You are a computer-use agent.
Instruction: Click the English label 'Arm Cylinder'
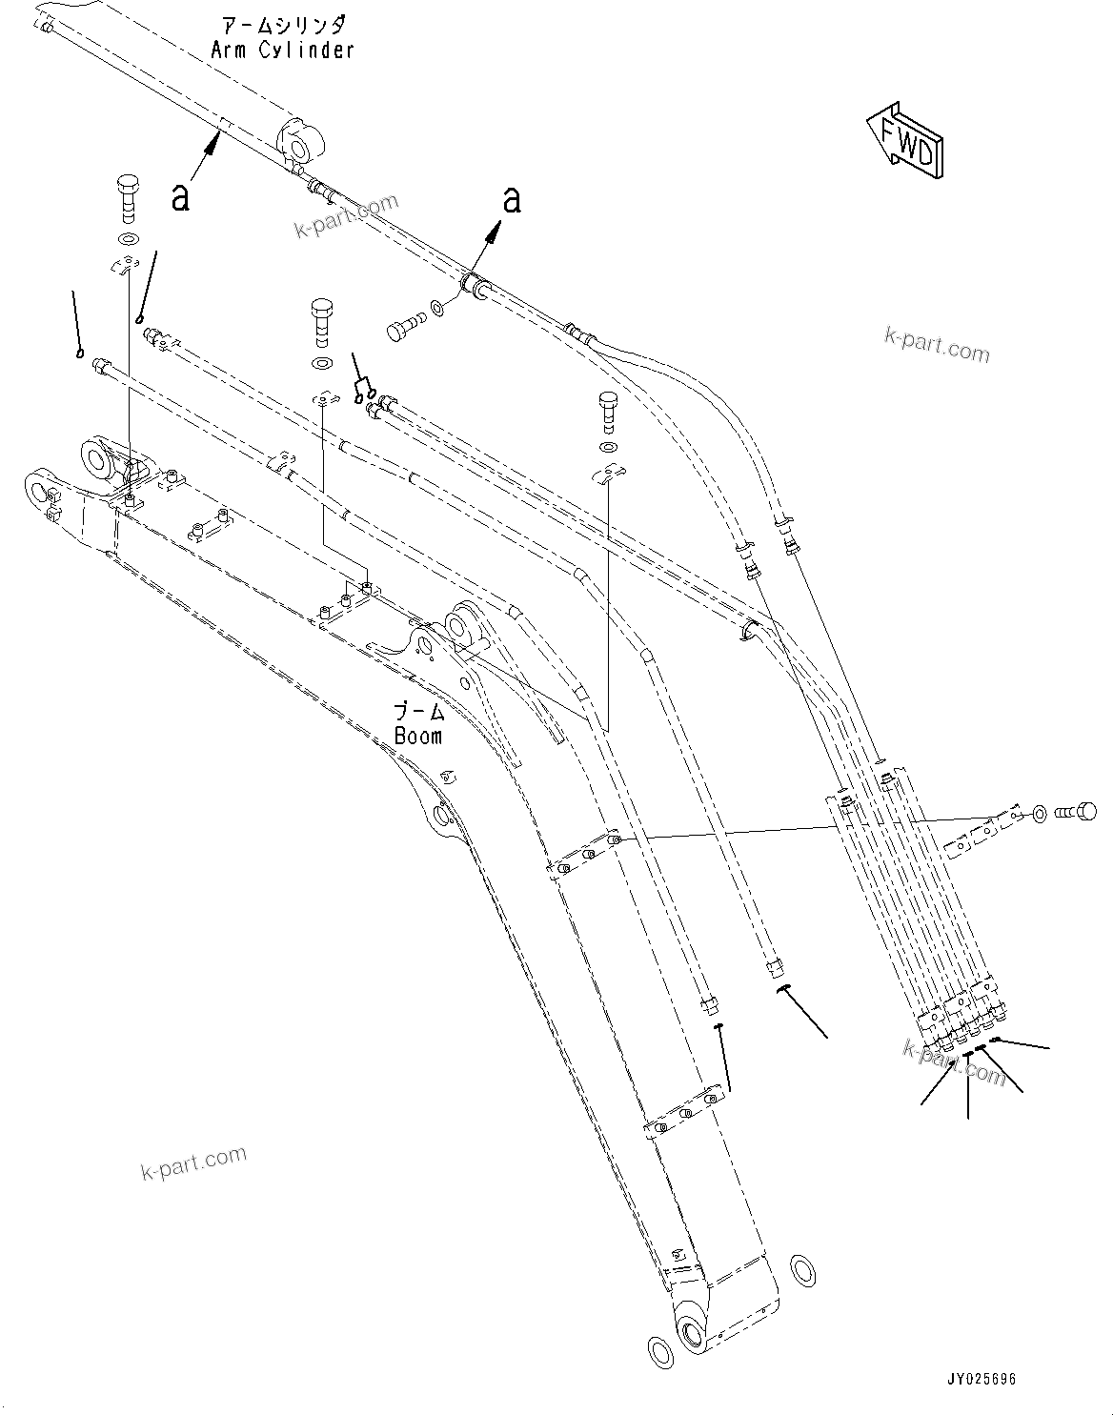282,50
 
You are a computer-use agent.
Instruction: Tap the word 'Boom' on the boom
418,736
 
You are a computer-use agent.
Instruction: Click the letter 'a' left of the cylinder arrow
180,197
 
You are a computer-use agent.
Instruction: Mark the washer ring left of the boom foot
658,1350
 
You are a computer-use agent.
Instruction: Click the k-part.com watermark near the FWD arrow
937,345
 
